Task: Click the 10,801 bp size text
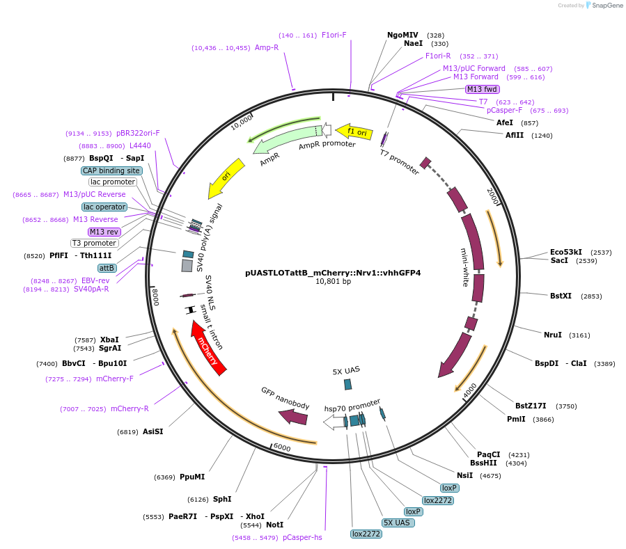click(x=333, y=282)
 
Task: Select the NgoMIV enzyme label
click(x=402, y=35)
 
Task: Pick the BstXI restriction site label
click(x=561, y=296)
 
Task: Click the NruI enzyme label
click(x=552, y=335)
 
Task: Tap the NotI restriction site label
click(x=274, y=525)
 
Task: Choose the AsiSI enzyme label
click(x=152, y=431)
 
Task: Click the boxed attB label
click(x=107, y=268)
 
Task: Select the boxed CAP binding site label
click(x=111, y=170)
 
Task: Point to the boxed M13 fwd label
click(x=482, y=89)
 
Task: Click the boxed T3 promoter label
click(x=94, y=243)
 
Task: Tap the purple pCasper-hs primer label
click(x=302, y=537)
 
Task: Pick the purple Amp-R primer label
click(x=267, y=47)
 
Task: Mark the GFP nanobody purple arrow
click(x=293, y=417)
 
